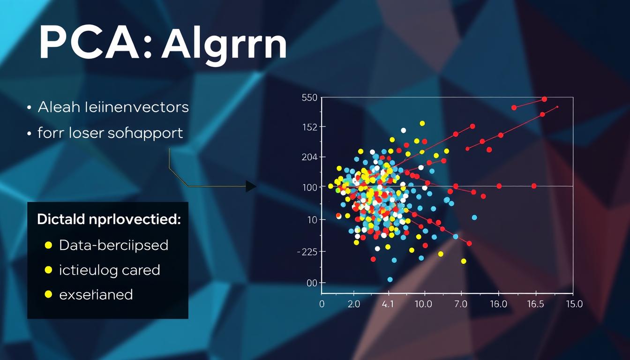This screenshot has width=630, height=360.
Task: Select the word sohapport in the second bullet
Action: [x=145, y=133]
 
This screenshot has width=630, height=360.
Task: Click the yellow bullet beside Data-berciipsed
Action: [x=47, y=245]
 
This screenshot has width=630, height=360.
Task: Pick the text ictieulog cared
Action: [x=109, y=270]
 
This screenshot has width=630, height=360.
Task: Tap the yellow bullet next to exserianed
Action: [x=47, y=295]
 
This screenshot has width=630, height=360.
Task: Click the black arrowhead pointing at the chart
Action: [x=251, y=187]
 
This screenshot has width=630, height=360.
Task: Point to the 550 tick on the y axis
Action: [x=310, y=97]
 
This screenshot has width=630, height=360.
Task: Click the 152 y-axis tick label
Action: [x=310, y=127]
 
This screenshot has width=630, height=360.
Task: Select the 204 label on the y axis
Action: [x=310, y=157]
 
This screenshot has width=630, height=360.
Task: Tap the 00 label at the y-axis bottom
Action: [x=312, y=283]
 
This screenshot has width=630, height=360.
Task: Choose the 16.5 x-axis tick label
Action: [x=535, y=304]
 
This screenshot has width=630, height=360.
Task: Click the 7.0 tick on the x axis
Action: [x=461, y=304]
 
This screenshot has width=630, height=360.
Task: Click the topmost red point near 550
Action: [x=544, y=99]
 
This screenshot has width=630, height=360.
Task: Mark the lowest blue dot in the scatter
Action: [x=390, y=279]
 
